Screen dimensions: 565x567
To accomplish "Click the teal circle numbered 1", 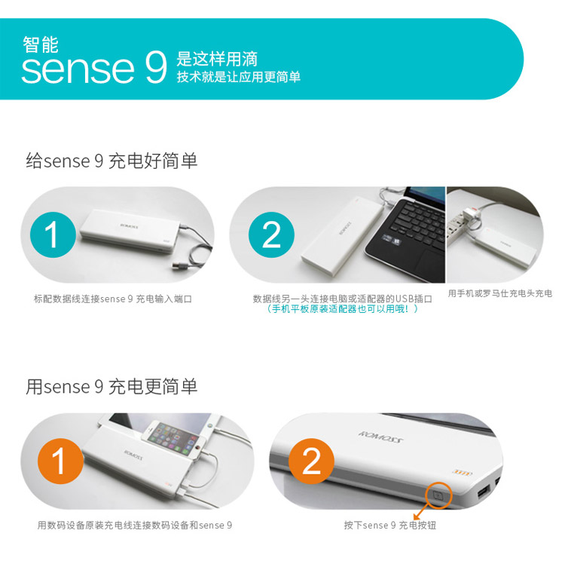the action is tap(53, 235).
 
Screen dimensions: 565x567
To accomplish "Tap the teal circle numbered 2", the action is tap(271, 235).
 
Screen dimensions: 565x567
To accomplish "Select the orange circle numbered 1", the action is tap(61, 461).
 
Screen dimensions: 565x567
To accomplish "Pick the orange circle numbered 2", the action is tap(311, 461).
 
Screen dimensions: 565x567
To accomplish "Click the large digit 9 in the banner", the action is tap(156, 67).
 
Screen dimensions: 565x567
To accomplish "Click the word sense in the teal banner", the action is tap(78, 69).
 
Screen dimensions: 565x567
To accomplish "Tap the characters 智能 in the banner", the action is tap(41, 44).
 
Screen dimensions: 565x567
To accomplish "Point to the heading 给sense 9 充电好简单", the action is tap(111, 161).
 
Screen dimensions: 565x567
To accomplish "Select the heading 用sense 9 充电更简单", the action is tap(111, 387).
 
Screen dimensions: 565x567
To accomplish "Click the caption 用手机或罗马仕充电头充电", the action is tap(500, 293).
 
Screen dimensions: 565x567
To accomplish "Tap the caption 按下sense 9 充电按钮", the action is tap(390, 525).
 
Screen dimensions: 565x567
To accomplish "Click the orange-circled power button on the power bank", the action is tap(438, 495).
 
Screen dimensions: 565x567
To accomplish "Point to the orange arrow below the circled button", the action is tap(422, 511).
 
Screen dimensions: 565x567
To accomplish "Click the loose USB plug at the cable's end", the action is tap(179, 267).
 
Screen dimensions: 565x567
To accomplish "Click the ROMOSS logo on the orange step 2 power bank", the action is tap(380, 437).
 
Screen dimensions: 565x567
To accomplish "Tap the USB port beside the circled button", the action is tap(483, 492).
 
